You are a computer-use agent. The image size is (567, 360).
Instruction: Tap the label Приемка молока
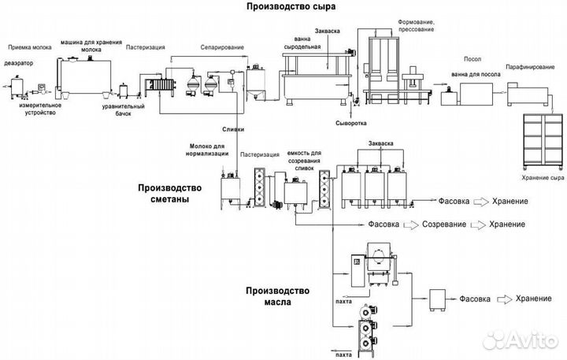[28, 47]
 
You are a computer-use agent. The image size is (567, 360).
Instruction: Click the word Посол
[473, 58]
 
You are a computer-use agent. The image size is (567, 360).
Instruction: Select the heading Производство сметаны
[169, 193]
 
